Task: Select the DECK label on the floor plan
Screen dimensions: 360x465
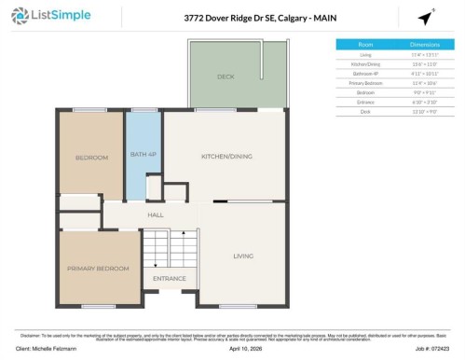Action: point(226,76)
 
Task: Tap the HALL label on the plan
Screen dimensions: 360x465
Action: point(156,215)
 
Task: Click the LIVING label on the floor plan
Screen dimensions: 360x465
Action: point(243,256)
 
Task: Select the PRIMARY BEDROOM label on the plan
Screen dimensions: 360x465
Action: point(98,268)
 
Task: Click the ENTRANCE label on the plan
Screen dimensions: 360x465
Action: point(169,278)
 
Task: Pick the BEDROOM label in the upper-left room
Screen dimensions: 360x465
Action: point(91,158)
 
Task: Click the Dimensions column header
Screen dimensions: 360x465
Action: point(424,44)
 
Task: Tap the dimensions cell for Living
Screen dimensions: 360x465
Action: point(424,54)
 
